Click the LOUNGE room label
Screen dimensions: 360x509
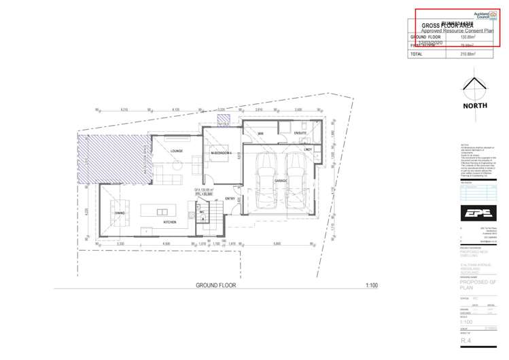(x=177, y=151)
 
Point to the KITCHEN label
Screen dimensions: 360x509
(x=169, y=221)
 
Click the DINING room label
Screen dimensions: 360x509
(x=119, y=214)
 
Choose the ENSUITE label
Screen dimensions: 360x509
(x=301, y=133)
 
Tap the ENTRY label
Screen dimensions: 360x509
(x=230, y=198)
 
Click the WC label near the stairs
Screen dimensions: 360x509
(x=202, y=213)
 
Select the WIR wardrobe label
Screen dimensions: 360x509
(x=260, y=133)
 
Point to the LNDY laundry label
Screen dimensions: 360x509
(x=307, y=149)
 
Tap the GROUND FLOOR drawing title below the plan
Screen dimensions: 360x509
(x=215, y=285)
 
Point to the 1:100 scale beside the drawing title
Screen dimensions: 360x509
(x=371, y=285)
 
